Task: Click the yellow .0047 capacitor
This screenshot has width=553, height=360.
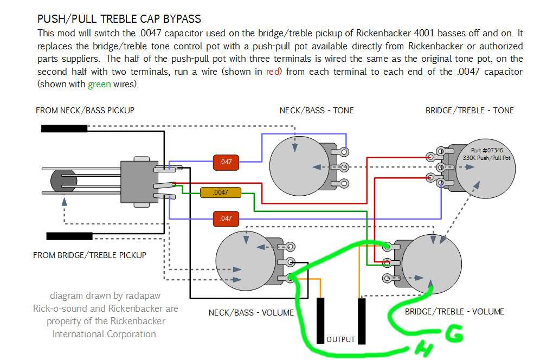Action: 221,192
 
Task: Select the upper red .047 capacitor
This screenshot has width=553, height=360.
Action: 226,162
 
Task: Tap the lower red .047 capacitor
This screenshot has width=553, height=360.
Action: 226,218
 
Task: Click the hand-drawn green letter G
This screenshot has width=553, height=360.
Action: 454,333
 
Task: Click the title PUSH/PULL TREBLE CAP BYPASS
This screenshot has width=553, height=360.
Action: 119,18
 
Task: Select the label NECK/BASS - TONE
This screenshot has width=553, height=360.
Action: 317,111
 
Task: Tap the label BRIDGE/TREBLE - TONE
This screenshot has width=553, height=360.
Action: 470,111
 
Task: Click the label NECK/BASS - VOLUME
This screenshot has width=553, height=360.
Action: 251,313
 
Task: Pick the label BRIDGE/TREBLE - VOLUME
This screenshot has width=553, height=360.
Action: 454,312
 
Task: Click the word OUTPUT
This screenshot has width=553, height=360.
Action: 340,339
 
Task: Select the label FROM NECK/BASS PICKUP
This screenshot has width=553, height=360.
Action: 85,111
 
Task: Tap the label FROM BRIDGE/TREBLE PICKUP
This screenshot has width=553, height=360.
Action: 89,255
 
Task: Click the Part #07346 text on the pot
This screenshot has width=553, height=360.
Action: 487,150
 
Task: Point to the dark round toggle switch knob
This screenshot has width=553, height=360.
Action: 63,181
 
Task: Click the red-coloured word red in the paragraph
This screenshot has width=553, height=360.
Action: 273,72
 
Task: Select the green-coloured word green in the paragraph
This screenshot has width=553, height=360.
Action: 99,84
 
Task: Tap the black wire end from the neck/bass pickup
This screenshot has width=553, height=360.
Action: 64,128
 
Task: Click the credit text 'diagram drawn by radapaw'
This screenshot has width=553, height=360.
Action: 105,295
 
